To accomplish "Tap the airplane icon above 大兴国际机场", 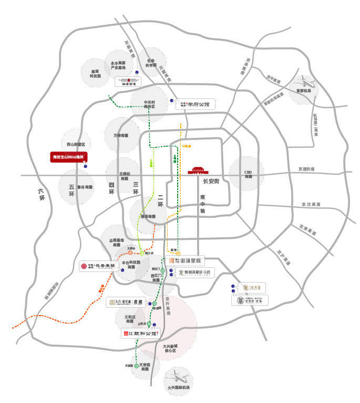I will pyautogui.click(x=178, y=378).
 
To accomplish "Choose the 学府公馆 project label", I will pyautogui.click(x=196, y=105).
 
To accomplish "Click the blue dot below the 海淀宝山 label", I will pyautogui.click(x=86, y=166).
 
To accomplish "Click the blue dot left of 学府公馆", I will pyautogui.click(x=172, y=100).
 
